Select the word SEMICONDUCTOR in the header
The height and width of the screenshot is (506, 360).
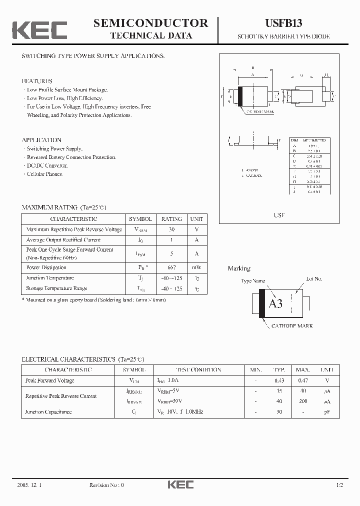coord(151,22)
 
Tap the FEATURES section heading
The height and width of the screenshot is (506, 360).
coord(37,81)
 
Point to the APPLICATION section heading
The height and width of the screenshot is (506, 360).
coord(41,140)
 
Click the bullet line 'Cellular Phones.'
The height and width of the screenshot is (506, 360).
coord(44,174)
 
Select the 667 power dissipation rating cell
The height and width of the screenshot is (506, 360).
coord(171,267)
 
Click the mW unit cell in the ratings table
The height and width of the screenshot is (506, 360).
coord(197,267)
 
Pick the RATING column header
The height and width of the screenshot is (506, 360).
coord(171,219)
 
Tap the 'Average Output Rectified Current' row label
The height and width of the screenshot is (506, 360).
coord(63,240)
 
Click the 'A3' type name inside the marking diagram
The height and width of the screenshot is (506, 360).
coord(276,303)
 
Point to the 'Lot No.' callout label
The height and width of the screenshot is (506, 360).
coord(314,278)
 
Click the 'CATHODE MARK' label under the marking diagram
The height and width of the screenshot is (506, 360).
coord(292,325)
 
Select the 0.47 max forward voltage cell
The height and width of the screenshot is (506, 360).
coord(302,380)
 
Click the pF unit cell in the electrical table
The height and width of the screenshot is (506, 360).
coord(326,412)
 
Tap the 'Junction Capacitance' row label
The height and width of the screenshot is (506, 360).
coord(48,412)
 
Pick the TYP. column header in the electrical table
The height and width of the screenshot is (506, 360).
coord(279,370)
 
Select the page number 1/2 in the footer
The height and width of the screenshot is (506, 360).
coord(339,485)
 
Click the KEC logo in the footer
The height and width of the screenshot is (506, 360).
coord(180,484)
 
